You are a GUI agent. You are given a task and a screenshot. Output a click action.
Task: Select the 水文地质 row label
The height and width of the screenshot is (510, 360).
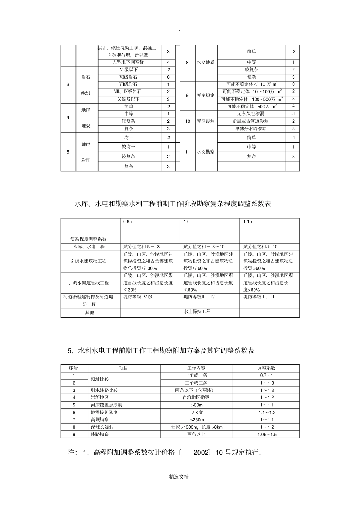pyautogui.click(x=205, y=63)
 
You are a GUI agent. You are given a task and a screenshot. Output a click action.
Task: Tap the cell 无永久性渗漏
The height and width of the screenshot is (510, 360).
pyautogui.click(x=251, y=114)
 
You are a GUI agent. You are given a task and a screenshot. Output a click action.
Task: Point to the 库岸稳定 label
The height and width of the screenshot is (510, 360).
pyautogui.click(x=205, y=96)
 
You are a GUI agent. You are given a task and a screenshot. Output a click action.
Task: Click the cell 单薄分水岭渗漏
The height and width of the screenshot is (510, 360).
pyautogui.click(x=251, y=129)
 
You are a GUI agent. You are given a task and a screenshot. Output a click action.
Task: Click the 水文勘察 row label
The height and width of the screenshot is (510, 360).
pyautogui.click(x=205, y=152)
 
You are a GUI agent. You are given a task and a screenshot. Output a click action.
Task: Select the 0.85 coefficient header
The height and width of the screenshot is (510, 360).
pyautogui.click(x=128, y=222)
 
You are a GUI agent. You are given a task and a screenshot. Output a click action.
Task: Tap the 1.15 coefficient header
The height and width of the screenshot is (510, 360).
pyautogui.click(x=248, y=222)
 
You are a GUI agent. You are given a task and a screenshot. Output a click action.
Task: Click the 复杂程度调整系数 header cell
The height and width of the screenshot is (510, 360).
pyautogui.click(x=89, y=239)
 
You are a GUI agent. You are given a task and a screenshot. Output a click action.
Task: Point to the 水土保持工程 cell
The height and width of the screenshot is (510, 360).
pyautogui.click(x=197, y=312)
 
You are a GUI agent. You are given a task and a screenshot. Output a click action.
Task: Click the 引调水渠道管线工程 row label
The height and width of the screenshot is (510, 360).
pyautogui.click(x=89, y=283)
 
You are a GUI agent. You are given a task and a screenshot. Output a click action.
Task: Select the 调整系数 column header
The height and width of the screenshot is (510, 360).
pyautogui.click(x=266, y=368)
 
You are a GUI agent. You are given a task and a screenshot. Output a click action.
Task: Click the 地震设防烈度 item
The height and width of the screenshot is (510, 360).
pyautogui.click(x=104, y=412)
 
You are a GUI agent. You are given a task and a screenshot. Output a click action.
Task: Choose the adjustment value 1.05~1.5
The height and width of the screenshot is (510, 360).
pyautogui.click(x=266, y=435)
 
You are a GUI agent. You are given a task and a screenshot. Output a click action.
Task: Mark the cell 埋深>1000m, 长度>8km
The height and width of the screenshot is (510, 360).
pyautogui.click(x=197, y=427)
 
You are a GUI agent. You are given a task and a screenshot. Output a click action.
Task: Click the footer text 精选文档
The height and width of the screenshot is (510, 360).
pyautogui.click(x=179, y=477)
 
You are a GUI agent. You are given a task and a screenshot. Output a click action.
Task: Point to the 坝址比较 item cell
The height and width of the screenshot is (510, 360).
pyautogui.click(x=100, y=379)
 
